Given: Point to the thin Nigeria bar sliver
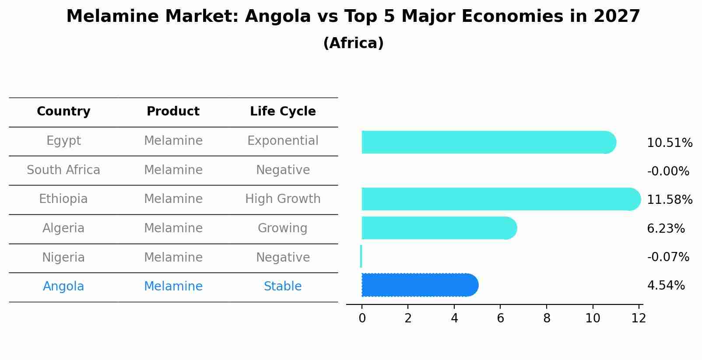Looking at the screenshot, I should coord(361,256).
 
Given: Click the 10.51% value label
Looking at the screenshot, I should coord(669,143).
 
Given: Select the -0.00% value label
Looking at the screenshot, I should coord(668,171).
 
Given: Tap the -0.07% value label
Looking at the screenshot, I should coord(668,257).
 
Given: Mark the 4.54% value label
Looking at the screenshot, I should coord(666,286).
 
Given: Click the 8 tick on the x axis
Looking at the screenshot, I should coord(547,318).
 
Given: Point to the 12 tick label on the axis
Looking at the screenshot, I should coord(639,318).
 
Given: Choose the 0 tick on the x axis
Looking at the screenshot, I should coord(362,318).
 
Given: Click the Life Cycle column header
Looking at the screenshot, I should coord(283,112).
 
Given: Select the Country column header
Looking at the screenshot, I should coord(63,112).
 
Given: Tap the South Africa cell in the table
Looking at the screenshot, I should coord(63,170).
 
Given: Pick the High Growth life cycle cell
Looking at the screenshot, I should coord(283,199).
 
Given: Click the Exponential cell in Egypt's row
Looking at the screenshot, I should coord(283,141).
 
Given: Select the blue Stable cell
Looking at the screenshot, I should coord(283,287).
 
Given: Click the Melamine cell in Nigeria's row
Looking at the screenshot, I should coord(173,257).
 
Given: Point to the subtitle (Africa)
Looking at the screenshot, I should coord(353,43).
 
